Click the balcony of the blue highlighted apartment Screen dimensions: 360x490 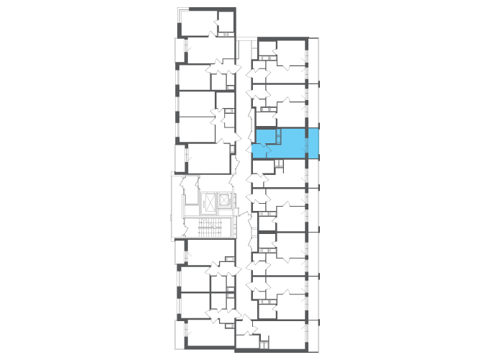[x=313, y=143]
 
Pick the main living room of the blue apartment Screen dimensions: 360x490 [x=293, y=143]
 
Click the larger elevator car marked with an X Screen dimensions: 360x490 [x=210, y=202]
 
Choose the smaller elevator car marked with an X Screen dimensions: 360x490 [x=224, y=199]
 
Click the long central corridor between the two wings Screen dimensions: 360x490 [x=244, y=180]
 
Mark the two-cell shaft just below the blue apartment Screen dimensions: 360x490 [x=279, y=166]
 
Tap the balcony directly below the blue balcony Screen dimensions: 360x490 [x=313, y=174]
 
